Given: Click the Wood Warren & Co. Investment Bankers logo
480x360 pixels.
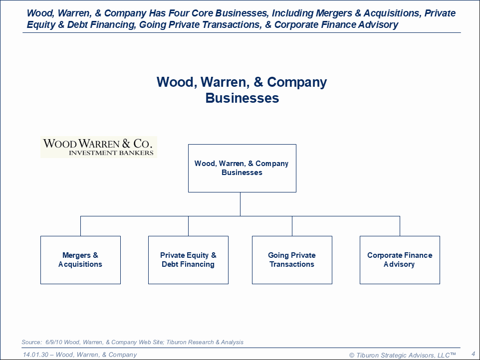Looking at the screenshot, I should click(x=98, y=147).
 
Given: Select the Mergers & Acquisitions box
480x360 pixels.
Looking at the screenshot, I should click(x=80, y=260).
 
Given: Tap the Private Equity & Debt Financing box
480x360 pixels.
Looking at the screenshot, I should click(x=188, y=260).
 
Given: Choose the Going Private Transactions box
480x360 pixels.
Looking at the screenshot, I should click(x=292, y=260).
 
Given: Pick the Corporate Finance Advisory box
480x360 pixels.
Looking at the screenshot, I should click(x=400, y=260).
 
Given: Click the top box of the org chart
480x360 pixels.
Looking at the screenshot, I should click(x=242, y=168).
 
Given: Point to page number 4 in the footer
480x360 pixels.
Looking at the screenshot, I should click(x=473, y=354).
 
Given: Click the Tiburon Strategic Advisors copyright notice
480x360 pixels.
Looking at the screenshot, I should click(x=402, y=355).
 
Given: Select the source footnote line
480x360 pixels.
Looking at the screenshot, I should click(x=133, y=342).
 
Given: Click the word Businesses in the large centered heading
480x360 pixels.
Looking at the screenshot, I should click(x=242, y=98).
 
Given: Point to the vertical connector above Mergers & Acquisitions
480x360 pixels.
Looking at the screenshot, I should click(x=80, y=226).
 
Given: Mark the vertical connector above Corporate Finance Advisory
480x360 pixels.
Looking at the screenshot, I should click(x=400, y=226).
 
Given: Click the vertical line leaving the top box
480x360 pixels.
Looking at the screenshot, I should click(x=240, y=203).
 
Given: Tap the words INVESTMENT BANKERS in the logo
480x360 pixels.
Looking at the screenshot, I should click(x=111, y=153).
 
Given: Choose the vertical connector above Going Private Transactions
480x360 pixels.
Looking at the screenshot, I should click(x=292, y=226).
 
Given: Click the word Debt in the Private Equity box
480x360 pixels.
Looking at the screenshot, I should click(x=171, y=264).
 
